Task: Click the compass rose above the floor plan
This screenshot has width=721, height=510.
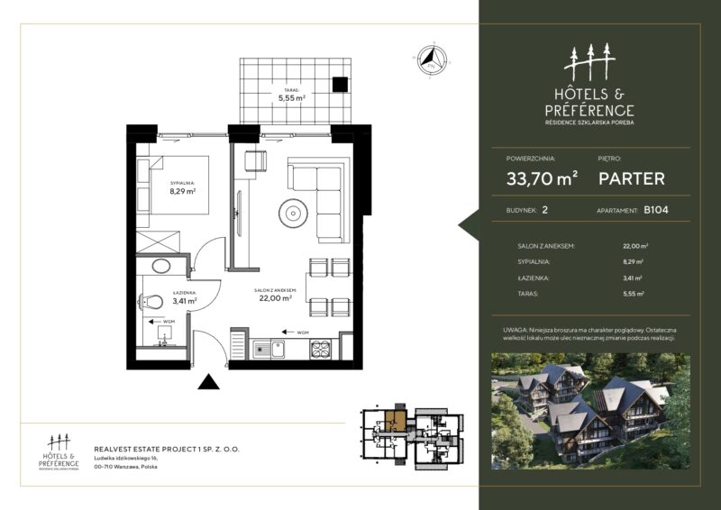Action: point(430,58)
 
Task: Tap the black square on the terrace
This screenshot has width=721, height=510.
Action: point(340,85)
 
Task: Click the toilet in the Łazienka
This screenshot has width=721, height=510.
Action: point(153,302)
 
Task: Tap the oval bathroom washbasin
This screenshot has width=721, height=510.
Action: point(163,267)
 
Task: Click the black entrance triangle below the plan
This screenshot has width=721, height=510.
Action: point(208,382)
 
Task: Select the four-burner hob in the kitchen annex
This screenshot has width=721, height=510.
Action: point(322,348)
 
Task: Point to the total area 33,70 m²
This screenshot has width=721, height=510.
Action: point(542,178)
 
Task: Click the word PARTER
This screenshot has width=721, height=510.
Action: point(632,178)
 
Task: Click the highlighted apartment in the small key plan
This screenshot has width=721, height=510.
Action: point(395,420)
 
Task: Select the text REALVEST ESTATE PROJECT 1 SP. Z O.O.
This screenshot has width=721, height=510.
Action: point(167,448)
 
